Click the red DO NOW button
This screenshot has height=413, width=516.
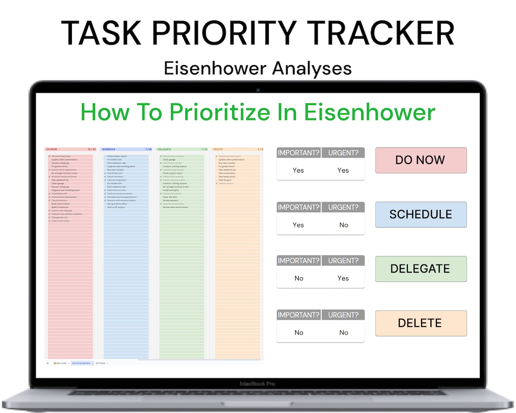pyautogui.click(x=420, y=160)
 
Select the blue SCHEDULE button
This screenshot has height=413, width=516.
pyautogui.click(x=420, y=214)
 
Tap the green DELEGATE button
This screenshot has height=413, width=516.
pyautogui.click(x=420, y=269)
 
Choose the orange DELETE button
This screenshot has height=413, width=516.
pyautogui.click(x=420, y=323)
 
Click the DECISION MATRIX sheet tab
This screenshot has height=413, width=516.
pyautogui.click(x=81, y=363)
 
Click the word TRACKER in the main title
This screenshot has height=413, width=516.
pyautogui.click(x=379, y=33)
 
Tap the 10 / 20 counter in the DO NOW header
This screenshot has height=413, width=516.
pyautogui.click(x=91, y=149)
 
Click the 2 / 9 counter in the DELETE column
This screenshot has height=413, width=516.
pyautogui.click(x=260, y=149)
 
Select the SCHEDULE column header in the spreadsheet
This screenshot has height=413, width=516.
pyautogui.click(x=109, y=149)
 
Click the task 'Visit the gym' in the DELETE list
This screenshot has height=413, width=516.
pyautogui.click(x=225, y=180)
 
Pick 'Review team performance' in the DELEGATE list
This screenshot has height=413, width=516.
pyautogui.click(x=175, y=207)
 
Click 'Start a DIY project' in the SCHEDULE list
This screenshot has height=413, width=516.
pyautogui.click(x=117, y=207)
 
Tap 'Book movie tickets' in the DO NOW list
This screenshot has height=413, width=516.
pyautogui.click(x=60, y=204)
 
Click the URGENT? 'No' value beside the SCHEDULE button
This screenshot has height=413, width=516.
pyautogui.click(x=344, y=225)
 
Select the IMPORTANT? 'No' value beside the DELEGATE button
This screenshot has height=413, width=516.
pyautogui.click(x=299, y=278)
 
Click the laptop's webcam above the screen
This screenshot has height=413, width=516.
pyautogui.click(x=258, y=90)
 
